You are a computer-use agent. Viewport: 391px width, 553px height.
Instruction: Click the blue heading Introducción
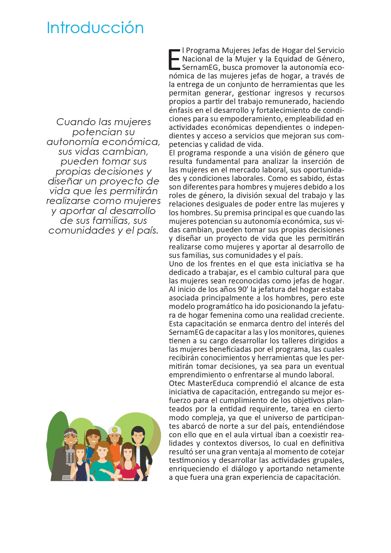pos(95,28)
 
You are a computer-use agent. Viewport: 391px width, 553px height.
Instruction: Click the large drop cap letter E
pos(174,59)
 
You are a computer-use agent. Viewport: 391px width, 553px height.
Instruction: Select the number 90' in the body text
pos(243,289)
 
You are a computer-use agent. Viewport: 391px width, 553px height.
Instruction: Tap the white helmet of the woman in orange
pos(114,430)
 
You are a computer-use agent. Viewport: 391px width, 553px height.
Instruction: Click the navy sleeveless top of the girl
pos(81,472)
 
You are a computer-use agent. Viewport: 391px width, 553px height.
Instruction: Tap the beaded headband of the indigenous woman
pos(71,433)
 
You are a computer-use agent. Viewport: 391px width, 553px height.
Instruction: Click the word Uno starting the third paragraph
pos(175,264)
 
